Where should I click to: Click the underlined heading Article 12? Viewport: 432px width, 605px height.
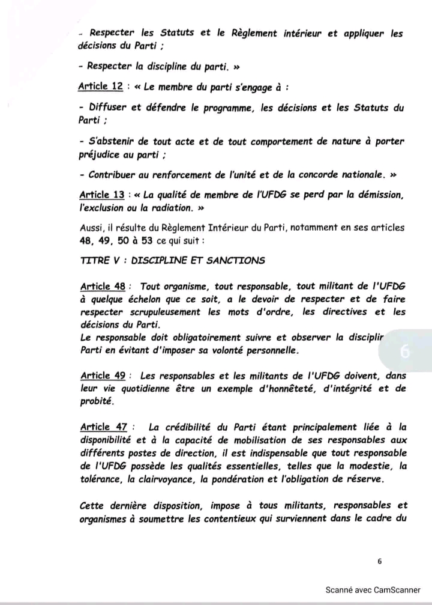point(101,87)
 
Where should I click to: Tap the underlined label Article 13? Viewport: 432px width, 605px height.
point(102,195)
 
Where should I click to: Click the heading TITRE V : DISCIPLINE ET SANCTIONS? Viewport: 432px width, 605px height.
point(172,260)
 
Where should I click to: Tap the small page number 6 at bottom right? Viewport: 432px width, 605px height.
point(380,561)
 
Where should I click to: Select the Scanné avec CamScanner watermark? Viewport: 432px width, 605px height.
point(373,589)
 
